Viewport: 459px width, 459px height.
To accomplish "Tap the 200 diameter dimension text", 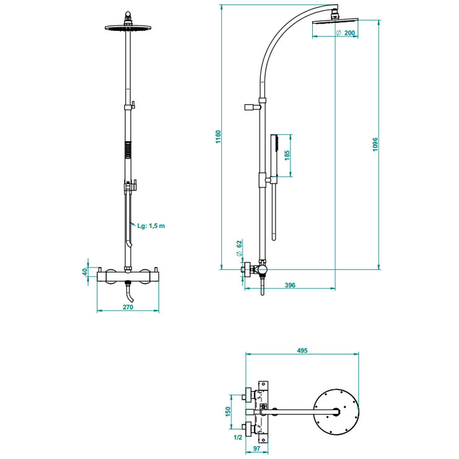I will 346,33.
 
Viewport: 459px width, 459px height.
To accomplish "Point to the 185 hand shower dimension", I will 287,155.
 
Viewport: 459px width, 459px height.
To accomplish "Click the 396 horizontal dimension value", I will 290,285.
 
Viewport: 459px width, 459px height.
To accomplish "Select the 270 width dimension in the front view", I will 128,307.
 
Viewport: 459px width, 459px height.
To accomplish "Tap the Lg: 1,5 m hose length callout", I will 152,226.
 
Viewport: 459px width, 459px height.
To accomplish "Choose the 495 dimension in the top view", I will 302,351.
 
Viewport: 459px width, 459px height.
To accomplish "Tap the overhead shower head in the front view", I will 129,27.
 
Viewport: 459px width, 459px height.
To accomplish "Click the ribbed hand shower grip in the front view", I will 128,151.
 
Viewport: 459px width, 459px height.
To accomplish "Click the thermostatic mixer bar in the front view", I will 128,276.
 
